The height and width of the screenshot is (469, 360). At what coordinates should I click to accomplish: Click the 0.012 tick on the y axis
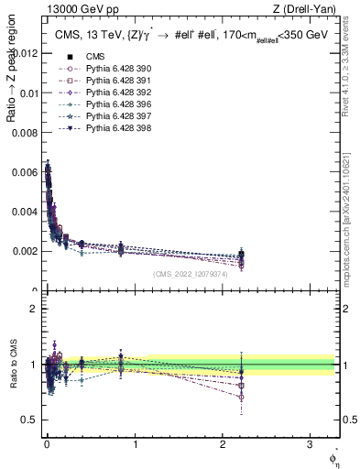click(x=25, y=53)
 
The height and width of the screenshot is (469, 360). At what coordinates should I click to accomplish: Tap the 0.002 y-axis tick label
click(x=25, y=250)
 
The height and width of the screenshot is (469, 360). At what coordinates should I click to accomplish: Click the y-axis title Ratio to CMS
click(x=12, y=364)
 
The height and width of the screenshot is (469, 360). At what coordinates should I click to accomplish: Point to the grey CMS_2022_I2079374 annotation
click(x=191, y=275)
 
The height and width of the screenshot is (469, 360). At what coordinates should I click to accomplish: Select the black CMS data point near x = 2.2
click(x=242, y=254)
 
